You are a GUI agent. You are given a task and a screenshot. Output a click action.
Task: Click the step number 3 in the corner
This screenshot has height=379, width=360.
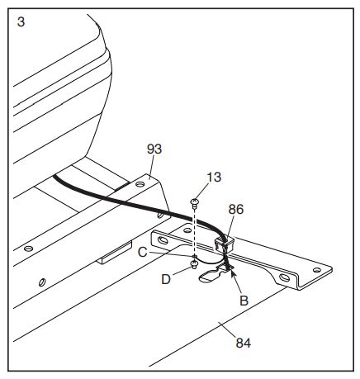[x=21, y=21]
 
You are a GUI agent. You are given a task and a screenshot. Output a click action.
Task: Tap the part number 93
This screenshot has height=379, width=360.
[x=154, y=149]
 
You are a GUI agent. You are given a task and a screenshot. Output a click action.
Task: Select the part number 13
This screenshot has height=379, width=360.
[x=214, y=177]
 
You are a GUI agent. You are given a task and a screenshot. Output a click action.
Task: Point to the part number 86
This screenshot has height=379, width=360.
[x=236, y=210]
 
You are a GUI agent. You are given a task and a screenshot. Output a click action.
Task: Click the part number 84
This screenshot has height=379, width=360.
[x=244, y=343]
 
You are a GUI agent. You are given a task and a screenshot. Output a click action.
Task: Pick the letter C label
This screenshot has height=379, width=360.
[x=142, y=253]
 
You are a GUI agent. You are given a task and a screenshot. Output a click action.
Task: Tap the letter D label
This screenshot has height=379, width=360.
[x=166, y=280]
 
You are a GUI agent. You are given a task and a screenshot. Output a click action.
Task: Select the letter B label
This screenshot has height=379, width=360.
[x=244, y=301]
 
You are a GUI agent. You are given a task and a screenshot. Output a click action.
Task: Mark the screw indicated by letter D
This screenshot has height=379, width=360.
[x=194, y=265]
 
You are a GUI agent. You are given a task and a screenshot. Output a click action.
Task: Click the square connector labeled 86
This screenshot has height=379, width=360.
[x=224, y=244]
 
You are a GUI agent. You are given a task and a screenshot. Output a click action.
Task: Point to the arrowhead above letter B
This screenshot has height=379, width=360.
[x=233, y=273]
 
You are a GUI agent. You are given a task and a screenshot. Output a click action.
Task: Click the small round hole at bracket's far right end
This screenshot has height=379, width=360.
[x=317, y=270]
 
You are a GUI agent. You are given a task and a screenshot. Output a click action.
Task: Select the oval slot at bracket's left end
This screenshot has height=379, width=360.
[x=163, y=240]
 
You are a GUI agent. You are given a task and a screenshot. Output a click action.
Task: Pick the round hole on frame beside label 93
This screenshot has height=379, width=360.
[x=140, y=184]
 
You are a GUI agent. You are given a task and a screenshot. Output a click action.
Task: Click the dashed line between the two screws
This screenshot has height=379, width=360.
[x=195, y=234]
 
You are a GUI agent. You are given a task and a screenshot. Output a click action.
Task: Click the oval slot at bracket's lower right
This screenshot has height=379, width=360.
[x=284, y=277]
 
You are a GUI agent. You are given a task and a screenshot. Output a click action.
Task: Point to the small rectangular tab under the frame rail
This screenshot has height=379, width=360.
[x=115, y=253]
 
